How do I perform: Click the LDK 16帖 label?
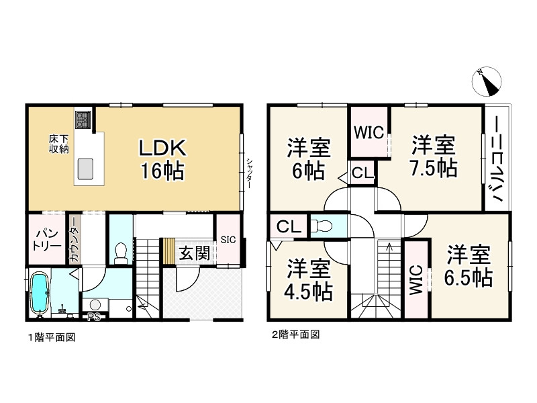162,160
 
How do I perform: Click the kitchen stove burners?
83,120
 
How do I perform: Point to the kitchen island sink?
86,169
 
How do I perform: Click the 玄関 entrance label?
195,253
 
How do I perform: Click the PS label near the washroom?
93,317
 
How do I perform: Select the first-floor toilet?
121,250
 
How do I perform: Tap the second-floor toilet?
324,225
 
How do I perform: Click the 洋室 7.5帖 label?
433,156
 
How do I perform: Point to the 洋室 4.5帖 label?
309,281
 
